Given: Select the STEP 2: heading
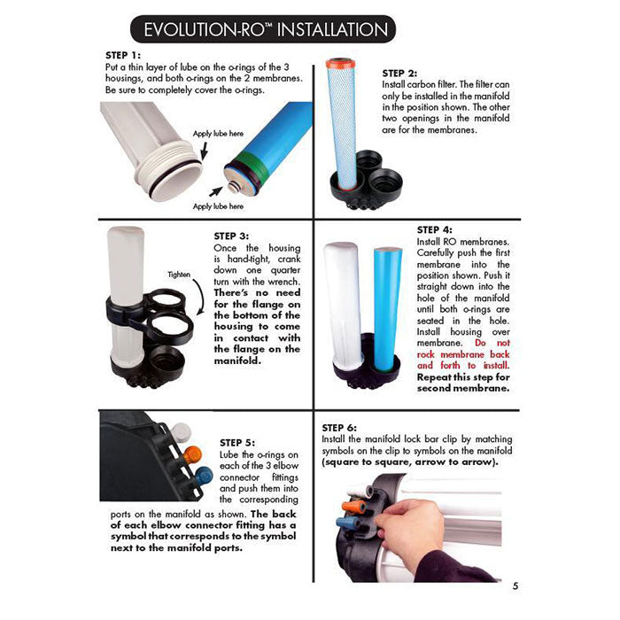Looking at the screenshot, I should click(399, 73).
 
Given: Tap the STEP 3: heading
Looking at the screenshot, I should click(232, 236).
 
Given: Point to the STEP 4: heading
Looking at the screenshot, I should click(435, 229).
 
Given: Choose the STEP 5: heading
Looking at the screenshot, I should click(236, 441).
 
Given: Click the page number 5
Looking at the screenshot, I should click(515, 585).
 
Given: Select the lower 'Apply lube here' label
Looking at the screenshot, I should click(217, 205).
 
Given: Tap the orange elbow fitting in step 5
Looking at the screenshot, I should click(195, 454).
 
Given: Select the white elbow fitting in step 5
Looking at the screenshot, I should click(182, 433).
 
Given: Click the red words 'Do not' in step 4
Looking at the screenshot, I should click(493, 342).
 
